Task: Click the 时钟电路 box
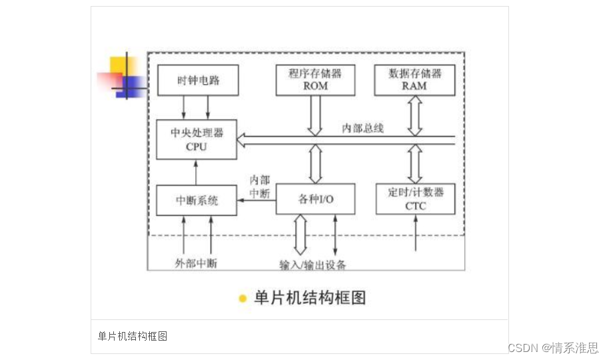click(x=198, y=81)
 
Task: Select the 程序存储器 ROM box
click(x=315, y=80)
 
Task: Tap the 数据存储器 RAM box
click(x=415, y=80)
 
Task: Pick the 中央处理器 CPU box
click(x=197, y=139)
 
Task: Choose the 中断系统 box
click(x=197, y=200)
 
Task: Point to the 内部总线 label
click(x=362, y=128)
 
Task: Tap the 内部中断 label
click(x=259, y=187)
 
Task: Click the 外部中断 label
click(x=196, y=263)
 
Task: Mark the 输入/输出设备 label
click(x=312, y=265)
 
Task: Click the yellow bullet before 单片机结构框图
click(x=243, y=298)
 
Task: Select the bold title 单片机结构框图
click(x=310, y=297)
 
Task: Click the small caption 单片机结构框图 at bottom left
click(x=133, y=336)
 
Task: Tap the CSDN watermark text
click(x=552, y=348)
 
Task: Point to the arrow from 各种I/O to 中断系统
click(x=257, y=200)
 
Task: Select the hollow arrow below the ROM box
click(x=315, y=115)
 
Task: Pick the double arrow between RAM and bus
click(x=415, y=115)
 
